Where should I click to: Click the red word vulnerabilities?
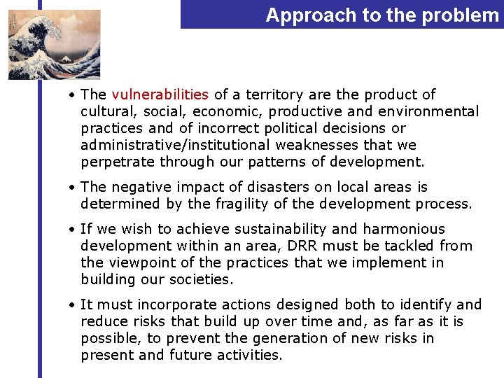click(160, 94)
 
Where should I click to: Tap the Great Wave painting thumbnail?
click(54, 44)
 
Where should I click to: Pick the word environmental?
click(428, 111)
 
